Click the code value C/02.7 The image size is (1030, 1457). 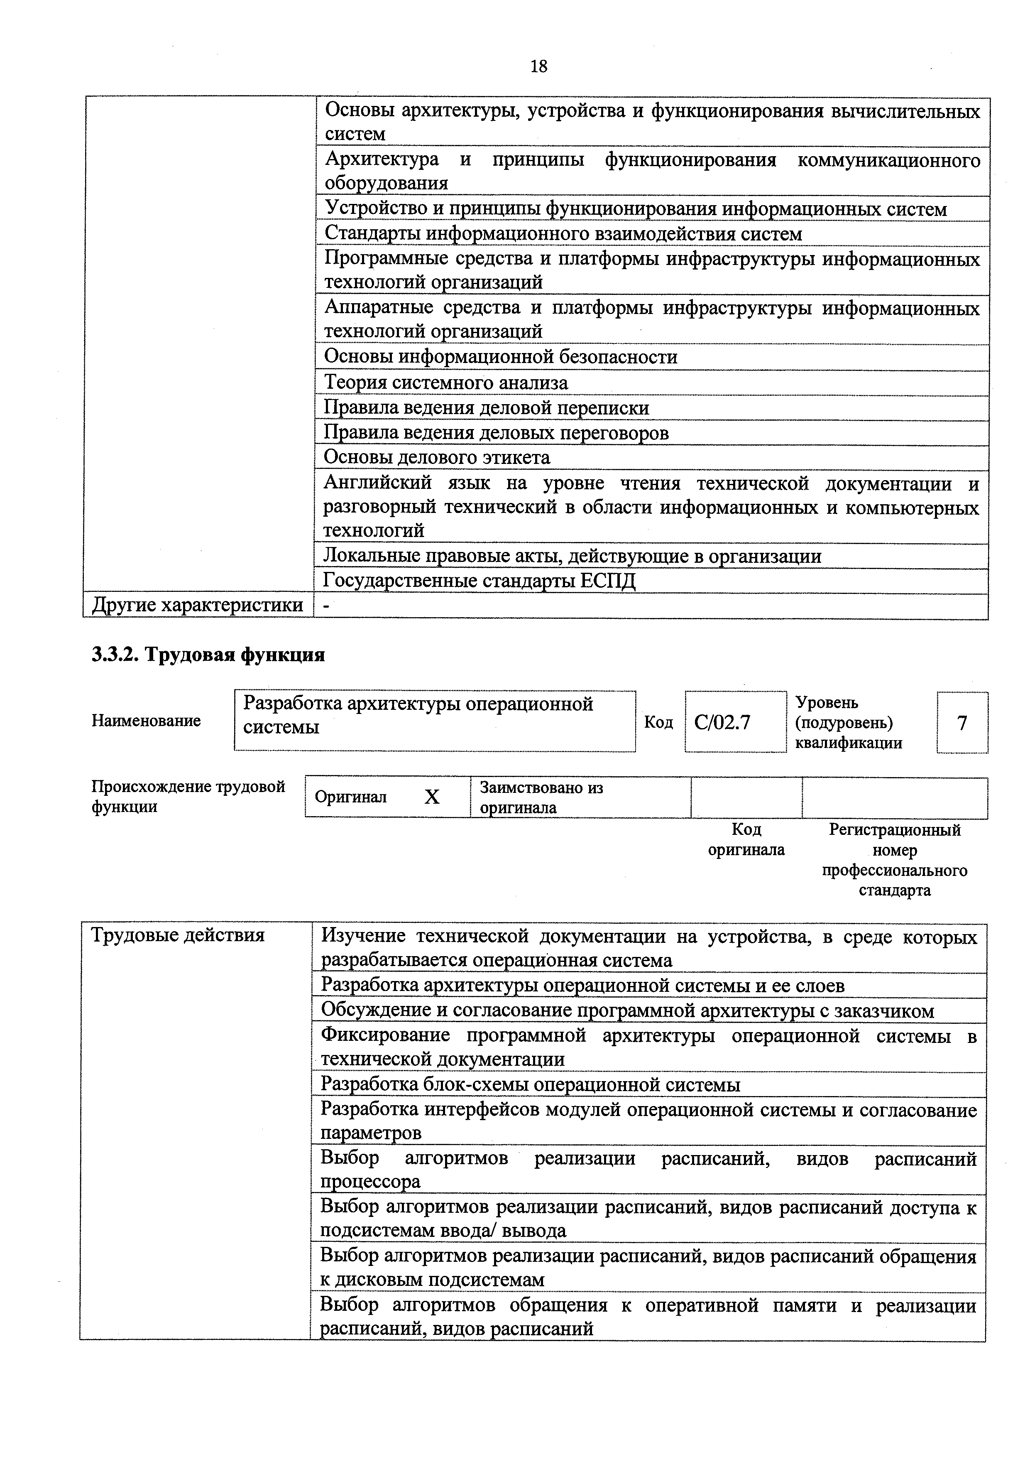coord(722,723)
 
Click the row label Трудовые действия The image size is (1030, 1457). coord(178,935)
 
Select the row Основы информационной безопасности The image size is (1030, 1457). coord(500,357)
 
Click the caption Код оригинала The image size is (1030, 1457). coord(746,839)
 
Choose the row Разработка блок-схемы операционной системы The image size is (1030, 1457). coord(530,1084)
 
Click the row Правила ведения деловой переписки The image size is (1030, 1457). coord(487,407)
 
